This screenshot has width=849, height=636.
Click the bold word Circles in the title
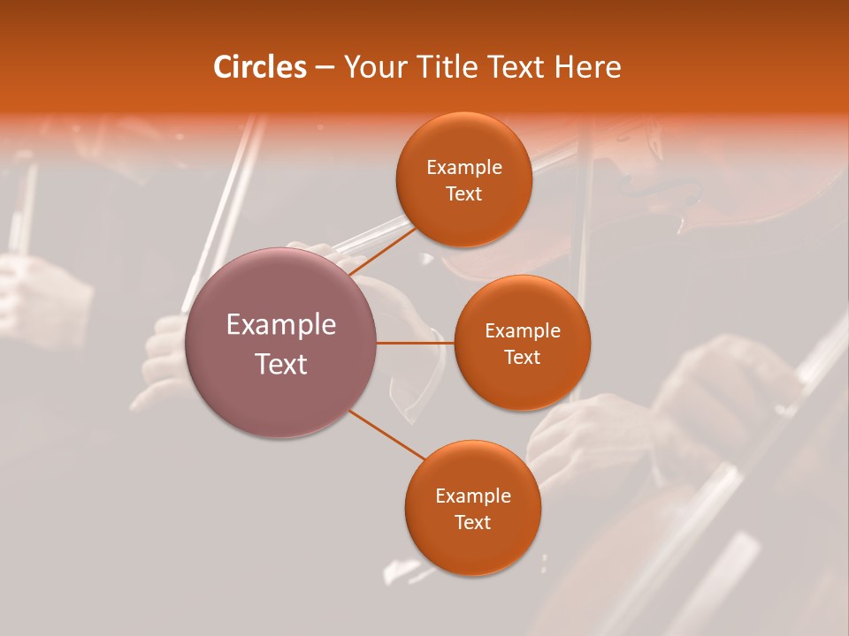(260, 67)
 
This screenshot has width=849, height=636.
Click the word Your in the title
(373, 67)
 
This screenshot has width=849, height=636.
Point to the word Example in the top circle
(463, 168)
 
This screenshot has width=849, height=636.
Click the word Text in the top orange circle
(463, 194)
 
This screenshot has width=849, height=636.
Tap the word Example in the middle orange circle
(523, 331)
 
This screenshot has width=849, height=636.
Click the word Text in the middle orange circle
(523, 358)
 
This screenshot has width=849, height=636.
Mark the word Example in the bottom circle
(472, 496)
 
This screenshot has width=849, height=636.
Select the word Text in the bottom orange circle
(472, 523)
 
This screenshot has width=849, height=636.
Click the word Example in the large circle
(281, 325)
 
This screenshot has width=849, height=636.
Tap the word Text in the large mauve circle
(281, 364)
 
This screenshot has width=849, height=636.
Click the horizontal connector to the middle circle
(416, 343)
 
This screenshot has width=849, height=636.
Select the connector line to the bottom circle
(386, 434)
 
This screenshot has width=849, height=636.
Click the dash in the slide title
(325, 68)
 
